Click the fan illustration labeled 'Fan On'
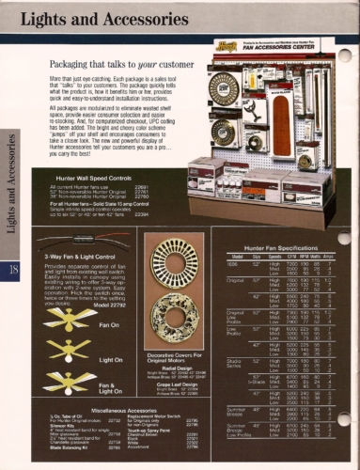64,322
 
